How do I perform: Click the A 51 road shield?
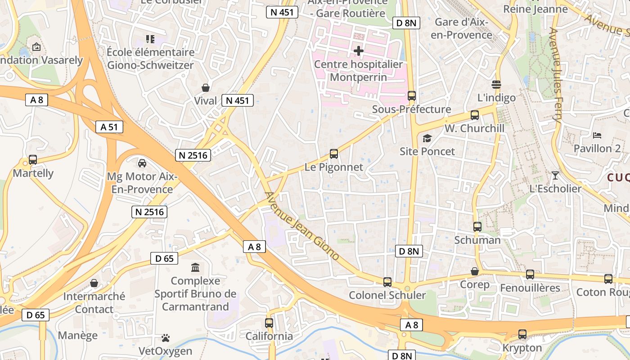109,127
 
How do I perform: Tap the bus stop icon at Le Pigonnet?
334,154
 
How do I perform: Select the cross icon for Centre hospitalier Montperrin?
358,51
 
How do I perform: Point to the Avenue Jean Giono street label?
302,226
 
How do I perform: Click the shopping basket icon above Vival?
206,87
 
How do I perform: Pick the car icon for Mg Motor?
142,163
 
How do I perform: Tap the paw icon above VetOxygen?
166,337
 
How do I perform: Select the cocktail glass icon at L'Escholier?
555,175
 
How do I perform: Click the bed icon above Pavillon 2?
597,135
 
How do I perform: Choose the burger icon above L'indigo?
496,84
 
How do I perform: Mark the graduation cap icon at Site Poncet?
427,138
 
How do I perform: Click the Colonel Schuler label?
387,295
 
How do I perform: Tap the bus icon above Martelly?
33,160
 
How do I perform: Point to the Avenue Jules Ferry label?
555,75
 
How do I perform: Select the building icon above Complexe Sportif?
196,268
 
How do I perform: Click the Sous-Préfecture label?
412,109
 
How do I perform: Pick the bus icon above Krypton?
522,334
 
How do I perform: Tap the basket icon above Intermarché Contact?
94,283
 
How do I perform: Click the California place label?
269,336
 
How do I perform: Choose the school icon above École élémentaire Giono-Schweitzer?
150,39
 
